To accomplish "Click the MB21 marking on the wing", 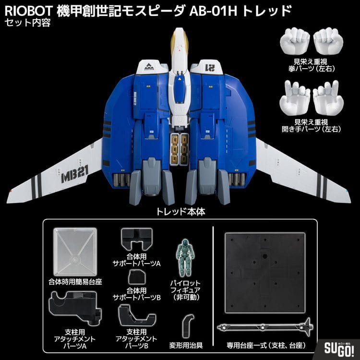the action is tap(75, 175).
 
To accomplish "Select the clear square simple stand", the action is tap(75, 252).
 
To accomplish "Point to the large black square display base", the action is tap(265, 273).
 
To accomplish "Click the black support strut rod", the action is tap(265, 326).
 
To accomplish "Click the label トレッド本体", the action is tap(180, 212).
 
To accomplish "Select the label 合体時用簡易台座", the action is tap(75, 282).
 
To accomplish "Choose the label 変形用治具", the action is tap(186, 345).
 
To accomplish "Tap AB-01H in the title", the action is tap(213, 11).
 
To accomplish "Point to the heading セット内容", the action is tap(27, 23).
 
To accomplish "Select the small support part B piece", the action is tap(137, 277).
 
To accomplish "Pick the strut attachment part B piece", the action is tap(137, 316).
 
